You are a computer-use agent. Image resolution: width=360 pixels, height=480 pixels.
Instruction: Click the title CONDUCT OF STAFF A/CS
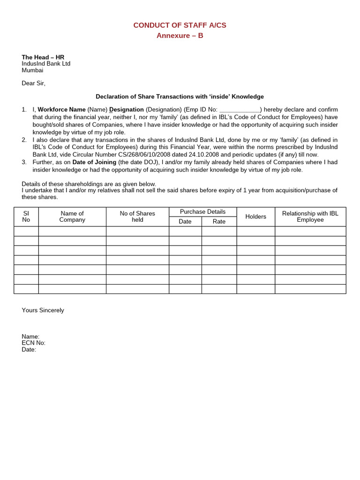[180, 25]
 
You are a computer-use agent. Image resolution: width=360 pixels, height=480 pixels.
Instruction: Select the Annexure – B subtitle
[180, 36]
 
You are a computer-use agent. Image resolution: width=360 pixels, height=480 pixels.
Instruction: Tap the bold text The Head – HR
[43, 57]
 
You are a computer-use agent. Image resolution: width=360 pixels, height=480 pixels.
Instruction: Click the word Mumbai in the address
[32, 70]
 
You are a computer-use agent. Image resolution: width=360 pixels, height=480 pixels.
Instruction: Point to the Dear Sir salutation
[33, 83]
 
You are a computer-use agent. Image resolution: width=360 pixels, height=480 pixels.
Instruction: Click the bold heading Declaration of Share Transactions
[180, 97]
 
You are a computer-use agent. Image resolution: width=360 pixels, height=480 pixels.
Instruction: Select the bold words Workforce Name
[61, 110]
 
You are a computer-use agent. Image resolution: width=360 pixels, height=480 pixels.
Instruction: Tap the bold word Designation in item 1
[127, 110]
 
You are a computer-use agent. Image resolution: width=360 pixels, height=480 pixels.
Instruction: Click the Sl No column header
[26, 217]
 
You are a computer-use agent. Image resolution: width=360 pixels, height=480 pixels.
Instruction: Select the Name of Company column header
[72, 217]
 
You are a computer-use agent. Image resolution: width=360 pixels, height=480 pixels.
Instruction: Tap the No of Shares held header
[137, 217]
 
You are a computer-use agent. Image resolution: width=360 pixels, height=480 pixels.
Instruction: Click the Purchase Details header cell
[202, 212]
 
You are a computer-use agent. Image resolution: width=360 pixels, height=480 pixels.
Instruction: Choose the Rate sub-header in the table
[219, 222]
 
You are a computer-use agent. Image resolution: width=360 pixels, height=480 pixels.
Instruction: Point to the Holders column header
[255, 217]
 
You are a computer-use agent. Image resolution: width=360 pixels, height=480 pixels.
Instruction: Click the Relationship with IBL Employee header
[310, 217]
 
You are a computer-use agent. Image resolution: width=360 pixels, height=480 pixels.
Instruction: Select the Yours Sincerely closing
[43, 310]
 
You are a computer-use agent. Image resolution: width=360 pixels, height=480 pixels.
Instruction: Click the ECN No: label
[33, 343]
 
